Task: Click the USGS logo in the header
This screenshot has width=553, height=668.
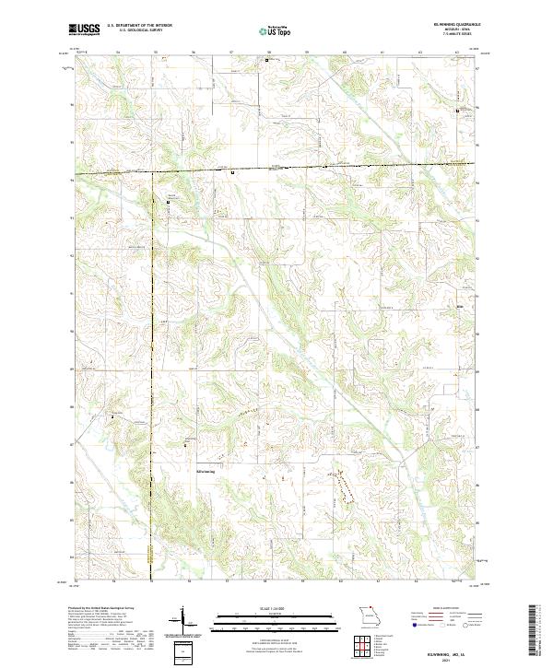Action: click(84, 30)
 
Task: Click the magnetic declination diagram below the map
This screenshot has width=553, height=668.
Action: click(182, 623)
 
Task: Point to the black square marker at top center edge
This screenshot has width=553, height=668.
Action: click(267, 61)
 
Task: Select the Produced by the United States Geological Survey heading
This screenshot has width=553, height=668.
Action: click(101, 610)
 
